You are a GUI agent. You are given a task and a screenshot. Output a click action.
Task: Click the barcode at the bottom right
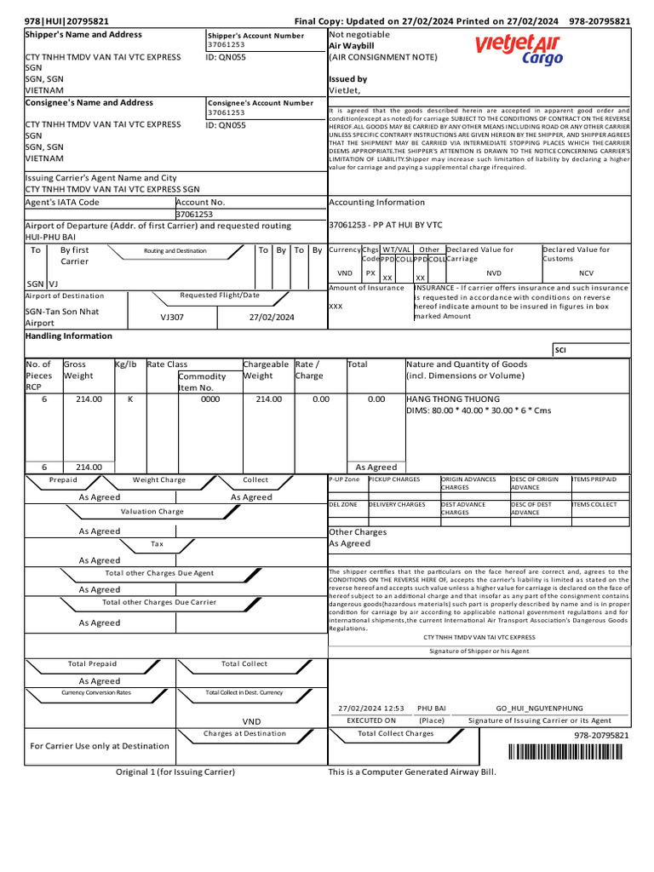coord(570,751)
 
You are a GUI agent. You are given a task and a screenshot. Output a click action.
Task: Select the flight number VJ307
coord(172,317)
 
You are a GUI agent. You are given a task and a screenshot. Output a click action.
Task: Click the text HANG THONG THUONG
coord(452,399)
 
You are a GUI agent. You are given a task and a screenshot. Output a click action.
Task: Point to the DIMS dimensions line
coord(478,410)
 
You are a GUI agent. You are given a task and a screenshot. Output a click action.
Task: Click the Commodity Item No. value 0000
coord(209,399)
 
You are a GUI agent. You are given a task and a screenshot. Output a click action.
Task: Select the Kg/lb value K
coord(129,399)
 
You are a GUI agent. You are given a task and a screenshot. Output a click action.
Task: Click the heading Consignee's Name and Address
coord(89,103)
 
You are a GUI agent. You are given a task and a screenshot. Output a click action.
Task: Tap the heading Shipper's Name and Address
coord(83,35)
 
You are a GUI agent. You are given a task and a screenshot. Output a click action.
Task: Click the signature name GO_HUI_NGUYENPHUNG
coord(539,708)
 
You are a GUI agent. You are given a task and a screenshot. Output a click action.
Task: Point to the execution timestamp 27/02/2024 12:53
coord(370,708)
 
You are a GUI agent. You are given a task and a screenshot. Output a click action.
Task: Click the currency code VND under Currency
coord(345,273)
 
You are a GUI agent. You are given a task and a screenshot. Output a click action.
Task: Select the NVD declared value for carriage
coord(494,273)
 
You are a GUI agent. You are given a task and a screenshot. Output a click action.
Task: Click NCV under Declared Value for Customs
coord(586,273)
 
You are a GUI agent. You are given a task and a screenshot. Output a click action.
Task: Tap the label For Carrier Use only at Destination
coord(100,746)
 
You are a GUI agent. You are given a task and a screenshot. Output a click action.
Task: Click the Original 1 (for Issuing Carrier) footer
coord(175,772)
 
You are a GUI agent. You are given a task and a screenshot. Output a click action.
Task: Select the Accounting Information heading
coord(376,203)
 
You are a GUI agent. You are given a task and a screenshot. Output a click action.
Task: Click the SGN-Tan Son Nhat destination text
coord(62,312)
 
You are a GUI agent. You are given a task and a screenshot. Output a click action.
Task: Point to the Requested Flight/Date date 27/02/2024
coord(271,317)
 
